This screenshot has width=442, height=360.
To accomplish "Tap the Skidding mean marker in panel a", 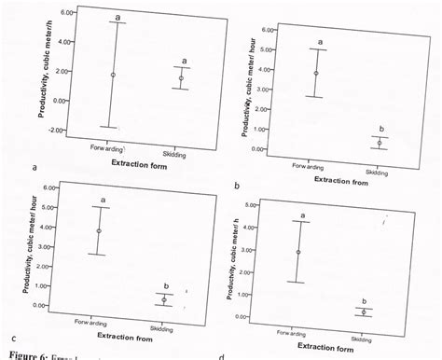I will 181,78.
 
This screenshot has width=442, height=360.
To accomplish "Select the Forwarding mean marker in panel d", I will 297,252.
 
